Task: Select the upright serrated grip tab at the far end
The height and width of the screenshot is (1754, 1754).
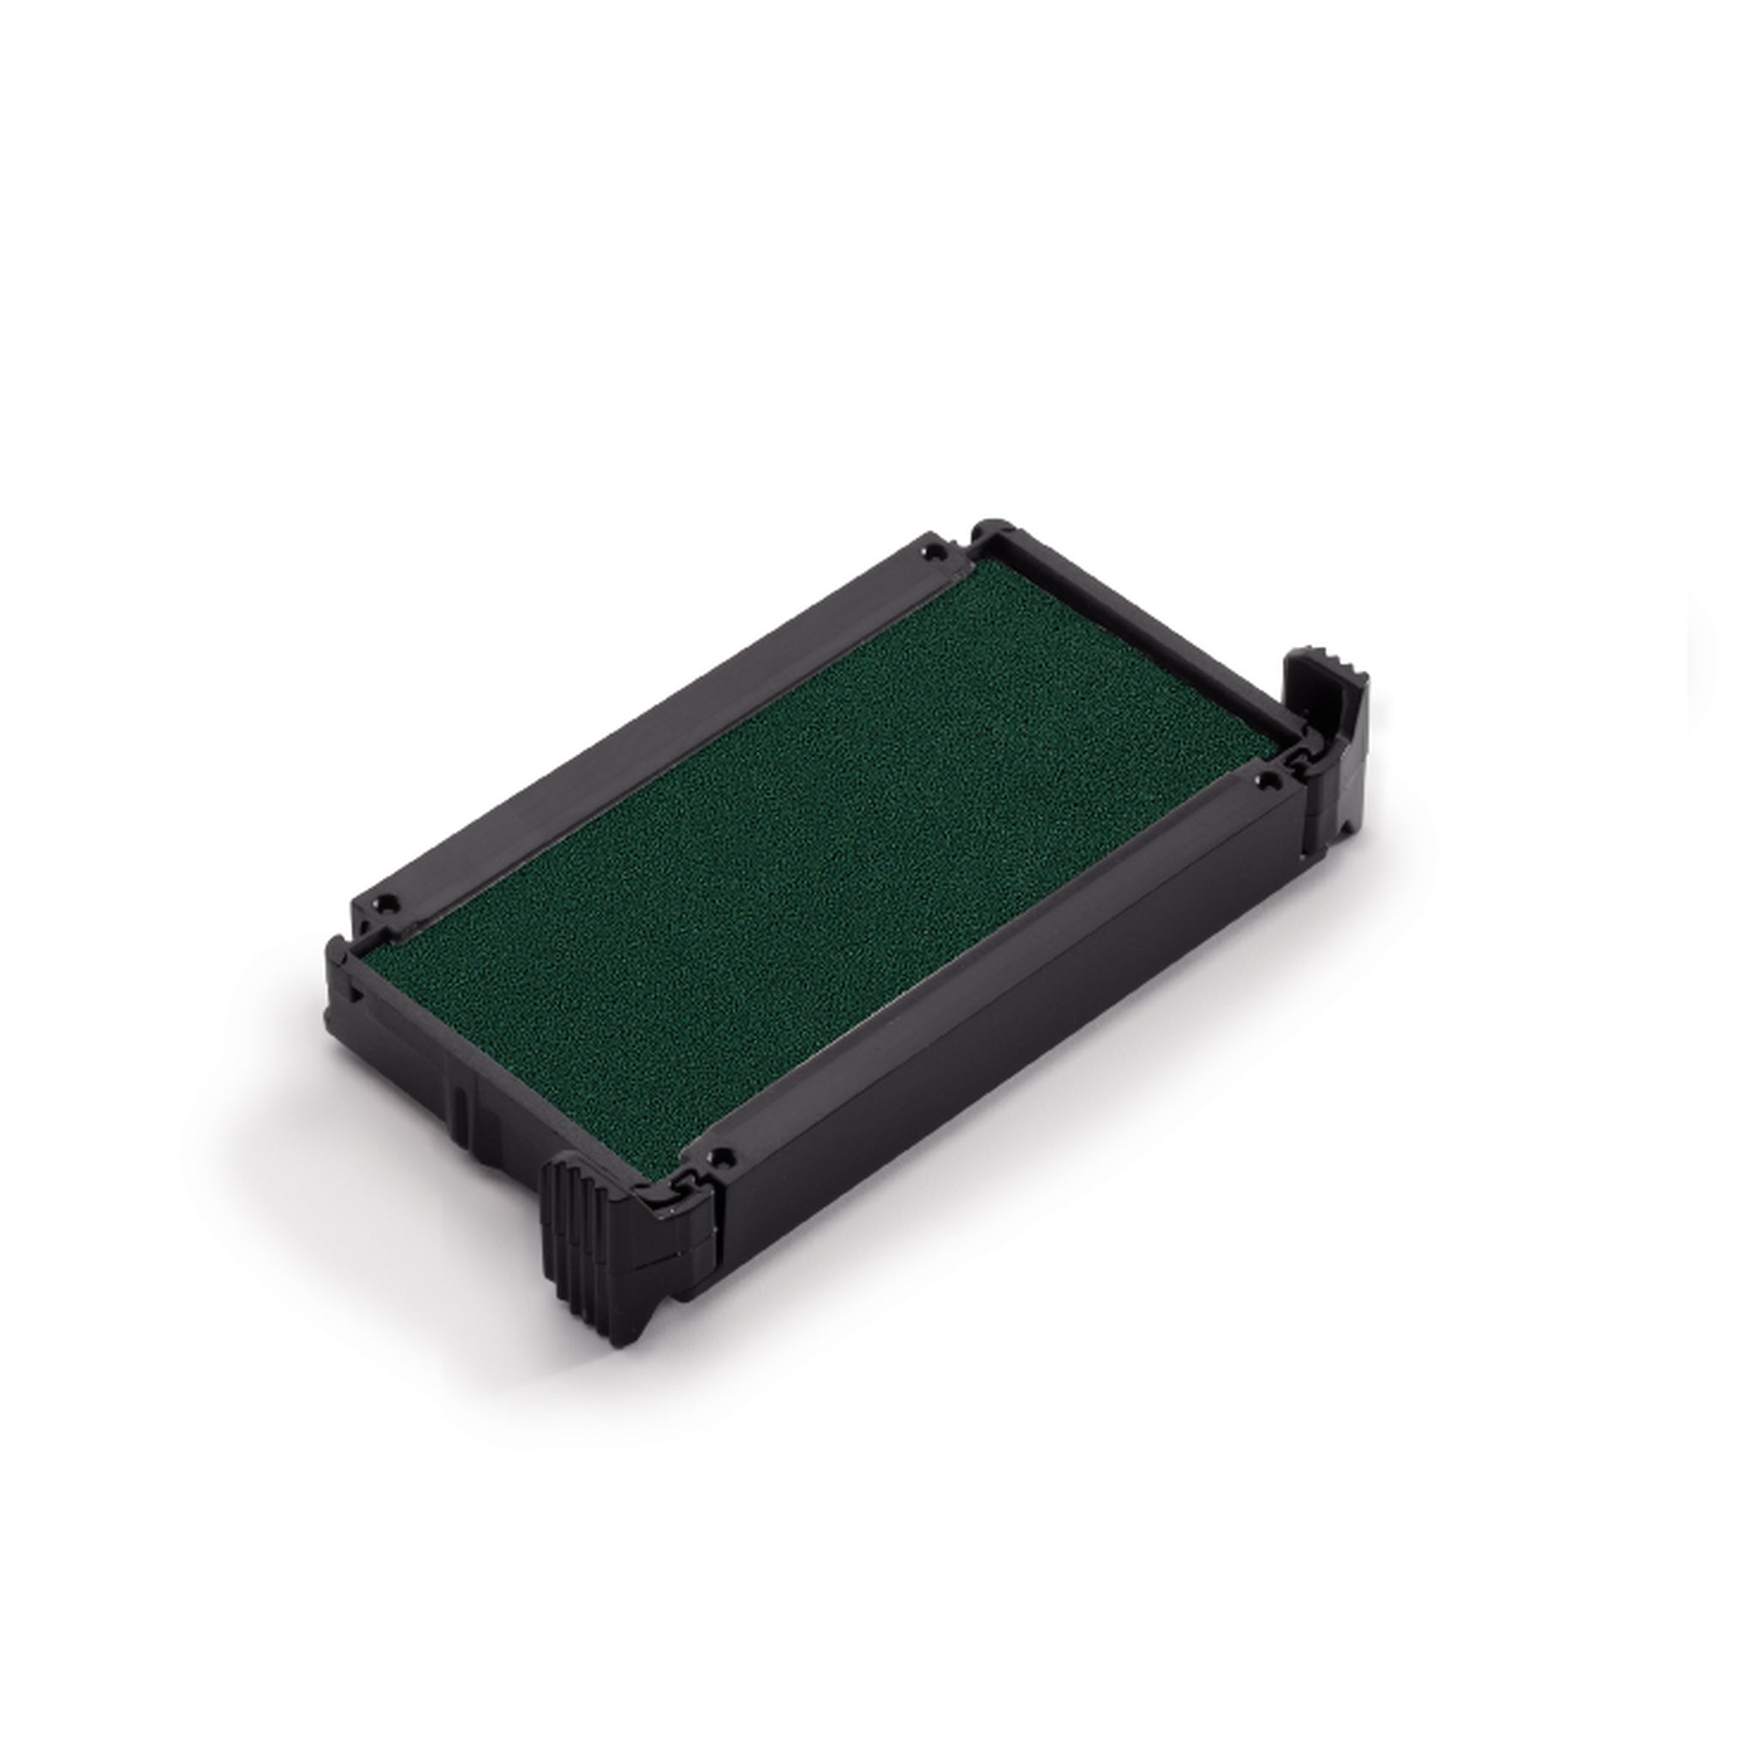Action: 1321,717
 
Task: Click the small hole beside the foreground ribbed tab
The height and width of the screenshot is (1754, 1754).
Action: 722,1158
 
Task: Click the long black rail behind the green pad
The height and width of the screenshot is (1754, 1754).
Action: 653,726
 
